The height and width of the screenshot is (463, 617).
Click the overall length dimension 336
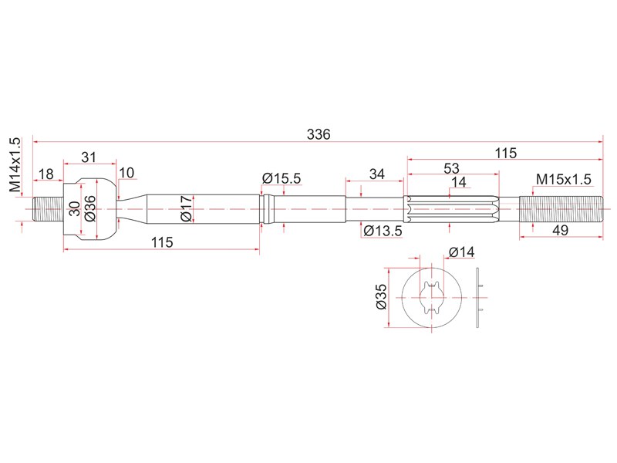tap(319, 134)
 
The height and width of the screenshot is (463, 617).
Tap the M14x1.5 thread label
tap(15, 164)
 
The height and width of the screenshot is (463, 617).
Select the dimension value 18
tap(46, 174)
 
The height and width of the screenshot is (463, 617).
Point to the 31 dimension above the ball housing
tap(89, 157)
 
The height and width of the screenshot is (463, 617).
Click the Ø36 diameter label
tap(89, 208)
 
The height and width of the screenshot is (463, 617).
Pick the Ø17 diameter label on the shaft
tap(186, 208)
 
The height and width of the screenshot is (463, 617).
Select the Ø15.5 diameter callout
tap(282, 178)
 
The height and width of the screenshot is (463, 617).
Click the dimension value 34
tap(376, 174)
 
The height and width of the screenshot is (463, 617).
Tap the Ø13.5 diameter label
tap(383, 231)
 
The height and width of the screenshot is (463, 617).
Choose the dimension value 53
tap(451, 168)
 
